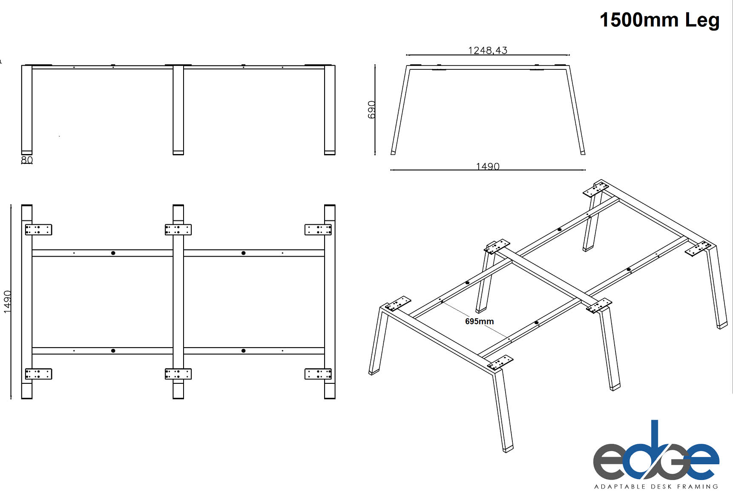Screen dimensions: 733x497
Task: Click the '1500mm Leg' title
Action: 659,20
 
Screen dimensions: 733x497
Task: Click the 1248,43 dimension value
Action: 488,50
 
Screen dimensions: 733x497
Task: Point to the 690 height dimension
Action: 372,110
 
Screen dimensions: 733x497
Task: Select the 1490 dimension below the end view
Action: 488,166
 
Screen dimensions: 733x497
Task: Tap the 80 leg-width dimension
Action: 27,160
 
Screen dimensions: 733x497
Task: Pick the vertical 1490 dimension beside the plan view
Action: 8,302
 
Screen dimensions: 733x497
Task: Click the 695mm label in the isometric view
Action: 480,322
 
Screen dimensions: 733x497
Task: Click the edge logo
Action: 656,451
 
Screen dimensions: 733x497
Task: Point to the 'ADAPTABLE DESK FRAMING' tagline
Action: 656,486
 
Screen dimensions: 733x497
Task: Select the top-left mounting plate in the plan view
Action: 38,230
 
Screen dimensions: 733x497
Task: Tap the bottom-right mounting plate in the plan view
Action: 318,374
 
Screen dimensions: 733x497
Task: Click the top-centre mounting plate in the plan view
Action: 178,230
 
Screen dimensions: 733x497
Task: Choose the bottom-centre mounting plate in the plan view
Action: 178,374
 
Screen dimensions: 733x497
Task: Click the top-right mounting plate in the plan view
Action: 318,230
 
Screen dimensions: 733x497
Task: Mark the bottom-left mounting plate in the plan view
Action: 38,374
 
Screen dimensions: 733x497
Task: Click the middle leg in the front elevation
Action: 178,110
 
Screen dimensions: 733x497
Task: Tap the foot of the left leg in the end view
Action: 393,152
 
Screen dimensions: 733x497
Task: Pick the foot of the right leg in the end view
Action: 583,152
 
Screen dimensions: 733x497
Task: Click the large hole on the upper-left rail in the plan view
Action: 113,253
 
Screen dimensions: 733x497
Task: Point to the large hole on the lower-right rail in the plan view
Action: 244,351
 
